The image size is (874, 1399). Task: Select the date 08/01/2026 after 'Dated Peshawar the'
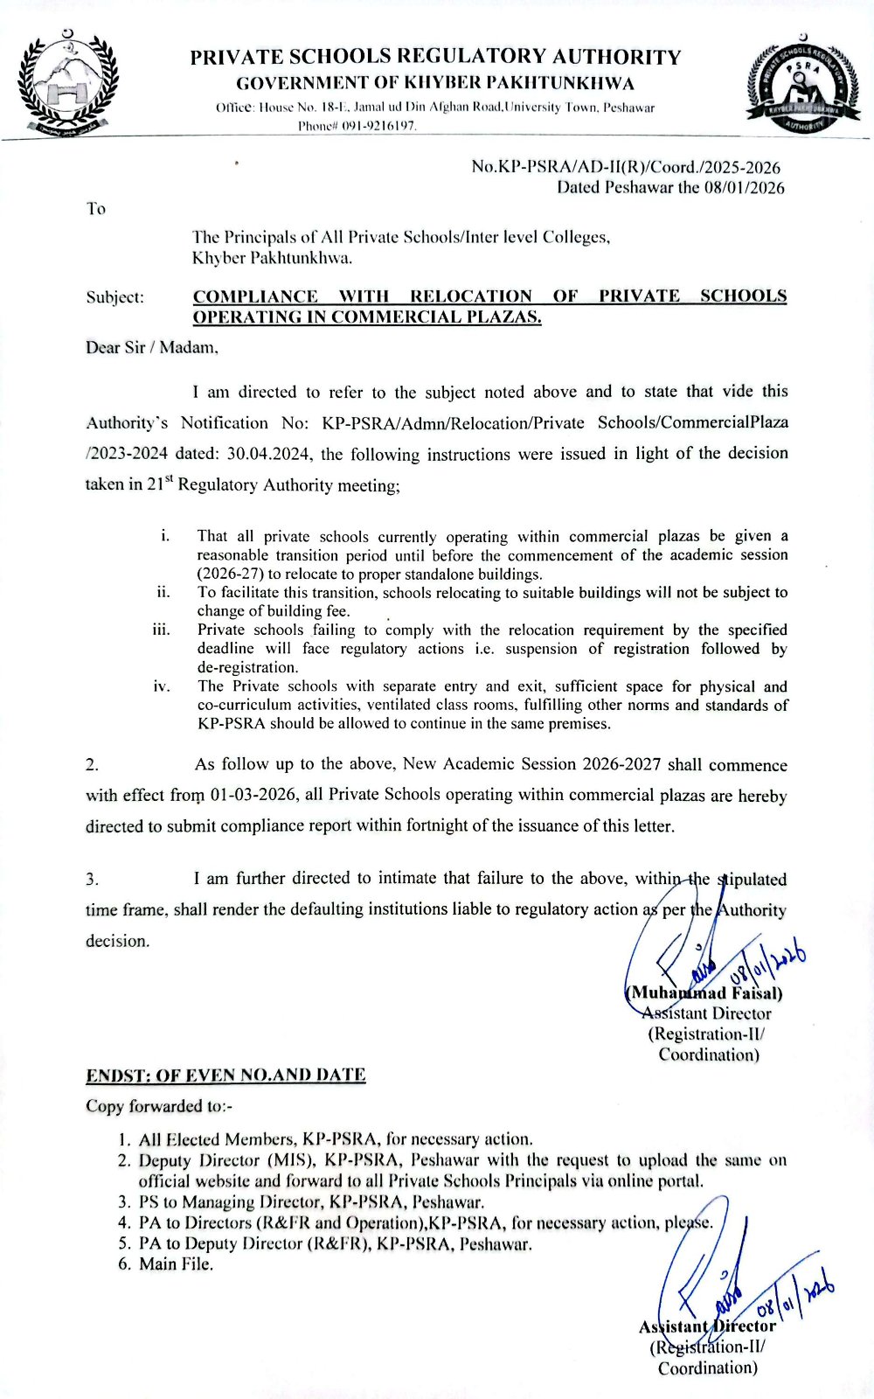(744, 187)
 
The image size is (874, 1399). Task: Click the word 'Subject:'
(114, 297)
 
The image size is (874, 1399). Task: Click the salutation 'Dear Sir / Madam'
(151, 348)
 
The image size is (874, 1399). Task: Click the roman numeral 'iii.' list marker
(161, 630)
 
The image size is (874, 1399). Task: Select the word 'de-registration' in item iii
(247, 667)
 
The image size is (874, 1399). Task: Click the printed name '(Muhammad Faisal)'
(704, 993)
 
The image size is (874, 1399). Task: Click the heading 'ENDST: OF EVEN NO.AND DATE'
(225, 1075)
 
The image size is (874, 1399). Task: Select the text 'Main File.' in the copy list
(176, 1263)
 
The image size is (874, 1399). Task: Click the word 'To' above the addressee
(95, 209)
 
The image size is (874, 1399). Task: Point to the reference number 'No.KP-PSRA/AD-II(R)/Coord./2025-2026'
(626, 167)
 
